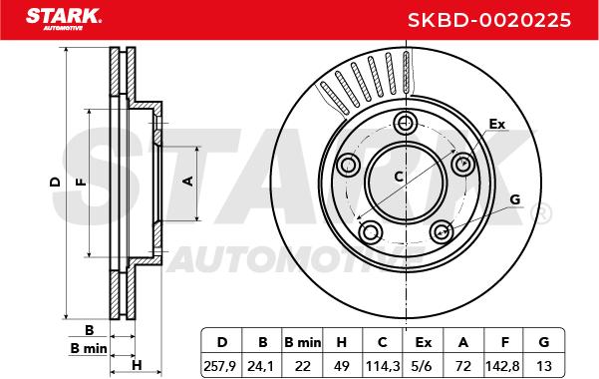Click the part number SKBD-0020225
tap(489, 20)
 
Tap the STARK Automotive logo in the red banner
tap(64, 19)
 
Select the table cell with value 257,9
tap(222, 366)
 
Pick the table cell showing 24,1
tap(262, 366)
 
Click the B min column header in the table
tap(303, 342)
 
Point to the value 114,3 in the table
tap(383, 366)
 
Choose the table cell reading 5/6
tap(423, 366)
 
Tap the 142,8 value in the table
tap(504, 366)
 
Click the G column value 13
tap(544, 366)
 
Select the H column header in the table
tap(342, 342)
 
